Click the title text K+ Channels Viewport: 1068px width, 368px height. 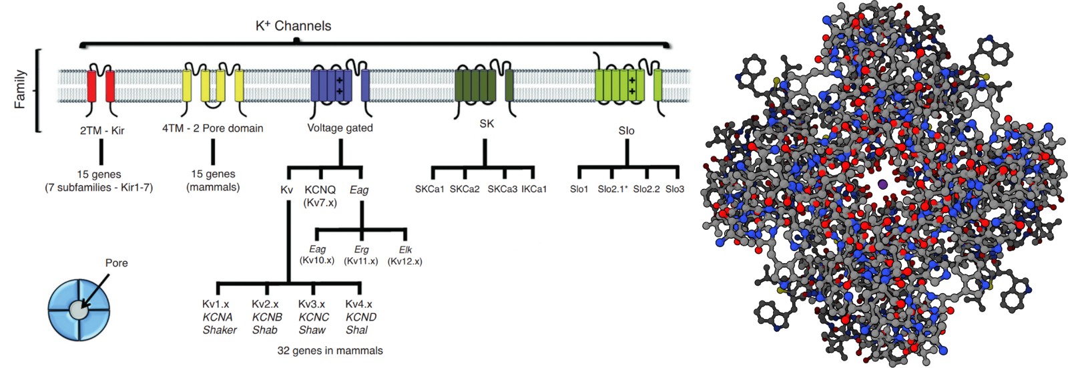(x=293, y=26)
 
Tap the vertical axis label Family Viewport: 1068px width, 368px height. (x=21, y=89)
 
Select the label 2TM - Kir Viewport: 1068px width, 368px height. (x=102, y=130)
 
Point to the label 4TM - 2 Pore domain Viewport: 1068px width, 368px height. (x=212, y=128)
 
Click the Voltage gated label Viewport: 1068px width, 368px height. (x=340, y=128)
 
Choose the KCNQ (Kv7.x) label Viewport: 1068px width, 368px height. (x=320, y=196)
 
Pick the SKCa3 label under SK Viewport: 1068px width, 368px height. (x=502, y=189)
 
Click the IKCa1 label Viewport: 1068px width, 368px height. (x=534, y=189)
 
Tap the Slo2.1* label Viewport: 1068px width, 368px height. (x=612, y=189)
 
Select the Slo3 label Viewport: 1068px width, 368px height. (x=675, y=189)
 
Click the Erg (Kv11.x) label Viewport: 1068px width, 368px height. (x=361, y=255)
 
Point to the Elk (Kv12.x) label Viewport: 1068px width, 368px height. (x=405, y=255)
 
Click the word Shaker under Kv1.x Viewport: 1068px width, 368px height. (x=220, y=330)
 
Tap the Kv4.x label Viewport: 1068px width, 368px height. (x=358, y=304)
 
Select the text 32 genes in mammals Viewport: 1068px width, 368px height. (x=330, y=350)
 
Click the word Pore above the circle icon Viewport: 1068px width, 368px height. (x=116, y=263)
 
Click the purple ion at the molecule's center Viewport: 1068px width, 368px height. (x=882, y=184)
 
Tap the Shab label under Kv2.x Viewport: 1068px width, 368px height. (x=264, y=330)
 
